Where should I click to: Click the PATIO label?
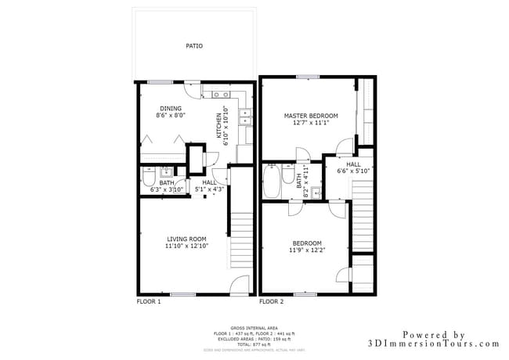pos(194,46)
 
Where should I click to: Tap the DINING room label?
pos(171,109)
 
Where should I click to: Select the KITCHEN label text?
pos(218,126)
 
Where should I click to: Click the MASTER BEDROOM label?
pos(310,115)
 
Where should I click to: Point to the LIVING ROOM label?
pos(186,239)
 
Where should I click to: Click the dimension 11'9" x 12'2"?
pos(307,250)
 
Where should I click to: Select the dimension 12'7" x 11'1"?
pos(310,123)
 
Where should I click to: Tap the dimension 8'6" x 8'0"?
pos(171,116)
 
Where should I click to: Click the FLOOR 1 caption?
pos(149,301)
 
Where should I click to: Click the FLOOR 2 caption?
pos(271,301)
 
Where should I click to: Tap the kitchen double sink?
pos(245,117)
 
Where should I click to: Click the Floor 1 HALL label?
pos(209,182)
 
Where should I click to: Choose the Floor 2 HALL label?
pos(353,164)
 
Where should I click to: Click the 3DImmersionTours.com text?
pos(433,344)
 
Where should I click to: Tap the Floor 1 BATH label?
pos(167,183)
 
